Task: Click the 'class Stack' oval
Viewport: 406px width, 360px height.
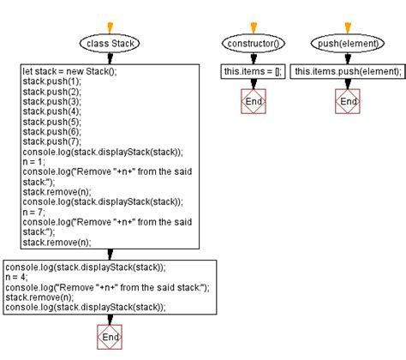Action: [110, 43]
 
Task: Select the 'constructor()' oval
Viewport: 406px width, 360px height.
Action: [254, 43]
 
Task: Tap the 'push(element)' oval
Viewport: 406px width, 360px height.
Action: [347, 43]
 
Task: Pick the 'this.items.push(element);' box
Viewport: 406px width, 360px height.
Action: [347, 71]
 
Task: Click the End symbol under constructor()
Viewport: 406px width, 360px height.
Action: [254, 100]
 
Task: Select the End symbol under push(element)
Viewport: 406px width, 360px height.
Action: [347, 100]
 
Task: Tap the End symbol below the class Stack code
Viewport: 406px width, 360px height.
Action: [110, 338]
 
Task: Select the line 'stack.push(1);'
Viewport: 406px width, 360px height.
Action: [48, 81]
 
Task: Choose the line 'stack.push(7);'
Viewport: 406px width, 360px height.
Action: [48, 141]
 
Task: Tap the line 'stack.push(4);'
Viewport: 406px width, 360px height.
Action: [48, 111]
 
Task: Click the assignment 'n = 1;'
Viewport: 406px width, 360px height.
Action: [36, 162]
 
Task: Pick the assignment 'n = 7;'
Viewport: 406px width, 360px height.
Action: [36, 212]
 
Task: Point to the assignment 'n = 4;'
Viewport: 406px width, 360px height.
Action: [19, 277]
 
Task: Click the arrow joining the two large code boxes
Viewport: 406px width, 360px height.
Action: [110, 254]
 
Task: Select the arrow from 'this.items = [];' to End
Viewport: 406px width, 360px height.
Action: [254, 84]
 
